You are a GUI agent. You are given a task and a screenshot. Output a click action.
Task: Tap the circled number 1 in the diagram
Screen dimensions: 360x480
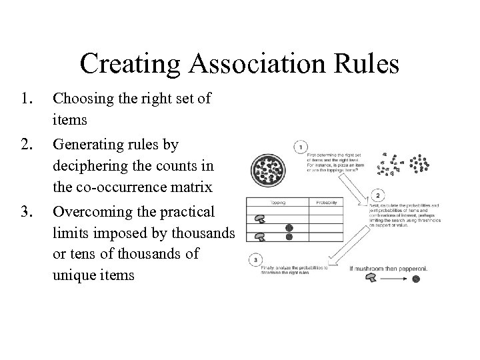coord(301,146)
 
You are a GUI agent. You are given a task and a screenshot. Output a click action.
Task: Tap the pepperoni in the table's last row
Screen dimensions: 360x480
coord(289,237)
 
